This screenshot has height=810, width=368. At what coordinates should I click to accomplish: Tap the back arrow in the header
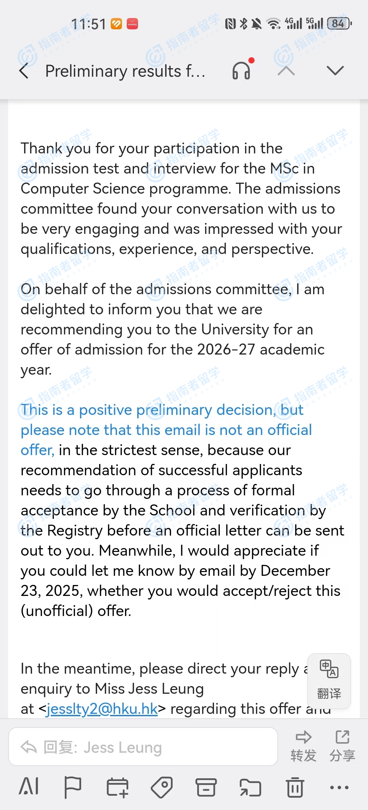click(x=24, y=71)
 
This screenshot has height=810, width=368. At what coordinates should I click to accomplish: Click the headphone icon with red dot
click(x=241, y=71)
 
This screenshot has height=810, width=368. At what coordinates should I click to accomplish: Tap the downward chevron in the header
click(x=335, y=71)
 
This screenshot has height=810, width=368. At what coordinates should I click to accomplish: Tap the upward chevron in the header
click(x=286, y=71)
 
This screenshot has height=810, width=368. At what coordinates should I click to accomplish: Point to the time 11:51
click(x=89, y=24)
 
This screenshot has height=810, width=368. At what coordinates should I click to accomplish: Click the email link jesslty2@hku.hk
click(x=102, y=709)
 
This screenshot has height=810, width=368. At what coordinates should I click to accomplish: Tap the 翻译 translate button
click(x=329, y=680)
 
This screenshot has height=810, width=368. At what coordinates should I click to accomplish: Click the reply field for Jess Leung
click(x=143, y=747)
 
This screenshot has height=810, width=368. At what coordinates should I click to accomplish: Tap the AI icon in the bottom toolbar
click(x=29, y=787)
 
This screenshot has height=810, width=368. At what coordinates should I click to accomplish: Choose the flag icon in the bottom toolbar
click(x=73, y=787)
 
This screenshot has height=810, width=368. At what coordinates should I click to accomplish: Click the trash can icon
click(x=295, y=787)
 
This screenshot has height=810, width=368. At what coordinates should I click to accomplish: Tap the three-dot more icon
click(x=339, y=787)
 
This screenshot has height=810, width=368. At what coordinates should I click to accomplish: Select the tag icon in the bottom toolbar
click(x=162, y=787)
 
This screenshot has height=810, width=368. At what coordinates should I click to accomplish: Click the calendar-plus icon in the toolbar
click(x=117, y=787)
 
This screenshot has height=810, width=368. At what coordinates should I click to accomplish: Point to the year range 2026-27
click(x=226, y=349)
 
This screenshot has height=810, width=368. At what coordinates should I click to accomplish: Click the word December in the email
click(x=295, y=571)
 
